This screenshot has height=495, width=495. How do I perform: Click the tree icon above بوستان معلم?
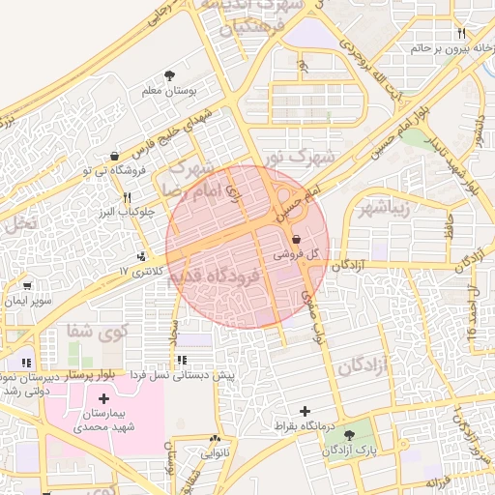click(170, 74)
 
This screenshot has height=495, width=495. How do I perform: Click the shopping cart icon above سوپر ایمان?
click(27, 286)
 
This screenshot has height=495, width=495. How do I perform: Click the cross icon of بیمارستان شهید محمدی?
click(104, 398)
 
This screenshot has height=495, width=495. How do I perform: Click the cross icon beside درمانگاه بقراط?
click(306, 412)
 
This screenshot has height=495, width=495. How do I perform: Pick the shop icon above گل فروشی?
click(295, 239)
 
